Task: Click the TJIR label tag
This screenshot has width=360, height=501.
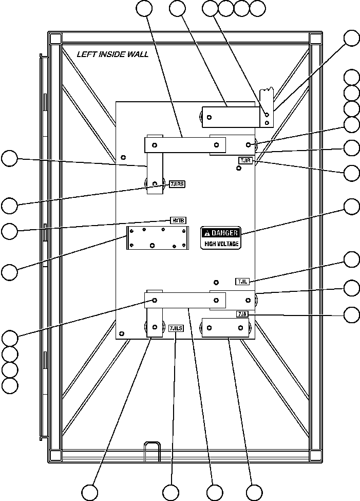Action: point(245,161)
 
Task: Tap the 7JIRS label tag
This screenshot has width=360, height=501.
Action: point(177,183)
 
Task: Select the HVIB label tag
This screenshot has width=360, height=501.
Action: point(178,220)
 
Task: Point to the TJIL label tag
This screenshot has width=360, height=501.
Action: point(242,281)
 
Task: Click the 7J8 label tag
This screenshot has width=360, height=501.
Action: point(242,314)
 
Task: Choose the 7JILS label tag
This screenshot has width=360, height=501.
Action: point(176,328)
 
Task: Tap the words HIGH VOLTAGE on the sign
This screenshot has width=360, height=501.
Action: point(221,244)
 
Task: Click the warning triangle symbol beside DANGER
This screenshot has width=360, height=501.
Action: point(207,233)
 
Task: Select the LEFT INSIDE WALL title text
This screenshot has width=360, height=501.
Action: point(112,54)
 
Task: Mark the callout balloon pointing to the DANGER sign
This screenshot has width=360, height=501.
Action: point(352,206)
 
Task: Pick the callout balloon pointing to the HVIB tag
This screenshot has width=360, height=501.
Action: point(9,231)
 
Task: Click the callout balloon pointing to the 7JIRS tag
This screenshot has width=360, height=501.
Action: point(9,206)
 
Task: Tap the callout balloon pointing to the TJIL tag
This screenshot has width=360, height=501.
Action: point(352,259)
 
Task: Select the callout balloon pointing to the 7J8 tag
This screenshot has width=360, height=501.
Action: point(352,314)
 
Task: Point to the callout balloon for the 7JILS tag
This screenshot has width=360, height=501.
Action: point(171,492)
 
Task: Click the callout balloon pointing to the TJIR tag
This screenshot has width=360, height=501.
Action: point(352,173)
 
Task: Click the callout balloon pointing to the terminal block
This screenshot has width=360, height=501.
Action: point(9,272)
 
